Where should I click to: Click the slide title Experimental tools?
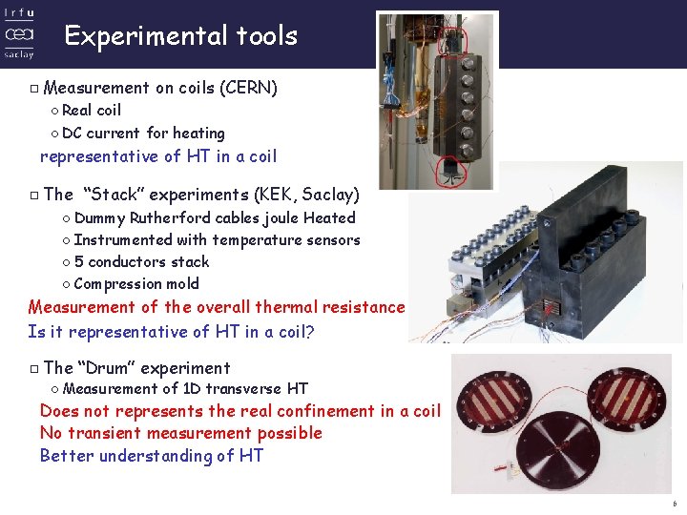(180, 36)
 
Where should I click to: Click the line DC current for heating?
(142, 134)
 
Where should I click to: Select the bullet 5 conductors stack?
(140, 262)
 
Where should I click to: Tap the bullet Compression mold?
(135, 284)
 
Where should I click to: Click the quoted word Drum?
(107, 368)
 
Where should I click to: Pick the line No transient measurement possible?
(180, 433)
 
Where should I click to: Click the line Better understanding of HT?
(151, 456)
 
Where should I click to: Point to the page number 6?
(674, 504)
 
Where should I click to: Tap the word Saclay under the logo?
(18, 54)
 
